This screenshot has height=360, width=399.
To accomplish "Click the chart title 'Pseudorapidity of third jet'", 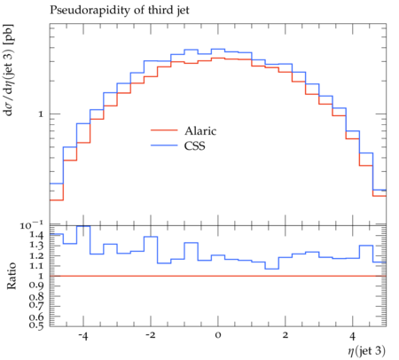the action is pos(120,11).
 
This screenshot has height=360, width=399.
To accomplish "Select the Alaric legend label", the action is pos(200,130).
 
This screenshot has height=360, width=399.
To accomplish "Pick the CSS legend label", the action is pos(194,145).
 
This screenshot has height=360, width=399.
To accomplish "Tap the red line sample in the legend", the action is pos(164,130).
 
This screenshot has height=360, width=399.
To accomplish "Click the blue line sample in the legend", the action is pos(164,145).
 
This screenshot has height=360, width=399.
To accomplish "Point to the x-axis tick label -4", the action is pos(82,336).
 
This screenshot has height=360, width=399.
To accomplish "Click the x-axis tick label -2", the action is pos(150,336).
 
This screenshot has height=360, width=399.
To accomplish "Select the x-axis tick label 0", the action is pos(218,336).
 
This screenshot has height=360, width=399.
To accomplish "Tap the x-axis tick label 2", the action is pos(285,336).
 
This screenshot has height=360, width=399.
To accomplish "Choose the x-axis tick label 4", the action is pos(352,336).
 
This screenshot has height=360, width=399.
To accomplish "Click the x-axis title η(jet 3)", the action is pos(366,351).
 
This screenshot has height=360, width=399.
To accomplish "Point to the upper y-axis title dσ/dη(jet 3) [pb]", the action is pos(9,69).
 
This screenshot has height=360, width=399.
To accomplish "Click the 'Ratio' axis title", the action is pos(12,276).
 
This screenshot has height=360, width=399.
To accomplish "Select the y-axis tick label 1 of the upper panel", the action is pos(41,114).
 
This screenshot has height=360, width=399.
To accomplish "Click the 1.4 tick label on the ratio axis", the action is pos(36,235).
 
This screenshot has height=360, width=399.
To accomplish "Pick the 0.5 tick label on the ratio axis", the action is pos(36,325).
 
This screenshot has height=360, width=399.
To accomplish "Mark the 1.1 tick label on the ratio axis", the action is pos(36,265).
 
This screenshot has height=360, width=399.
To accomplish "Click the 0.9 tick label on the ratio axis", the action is pos(36,286).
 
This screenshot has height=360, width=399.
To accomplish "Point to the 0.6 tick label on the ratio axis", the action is pos(36,317).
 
